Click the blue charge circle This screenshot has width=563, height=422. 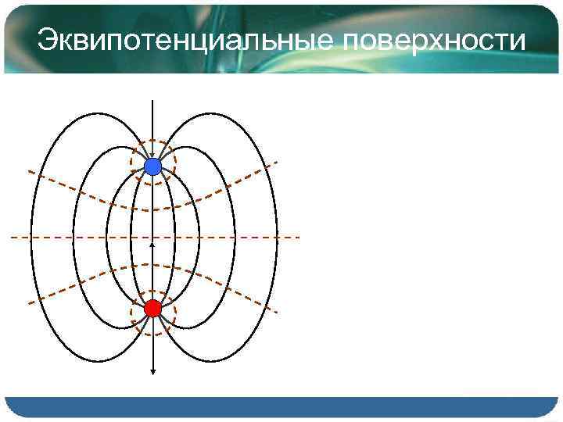click(152, 166)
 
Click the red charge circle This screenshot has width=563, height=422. click(152, 308)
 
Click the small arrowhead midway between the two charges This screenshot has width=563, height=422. click(152, 245)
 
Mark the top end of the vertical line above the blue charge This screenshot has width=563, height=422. click(152, 102)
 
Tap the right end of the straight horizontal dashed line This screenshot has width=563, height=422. click(299, 236)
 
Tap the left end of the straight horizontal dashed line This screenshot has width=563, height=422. click(13, 236)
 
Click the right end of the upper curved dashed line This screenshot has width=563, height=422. click(278, 163)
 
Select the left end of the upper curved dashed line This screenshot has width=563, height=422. click(28, 170)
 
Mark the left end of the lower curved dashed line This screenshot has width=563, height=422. click(28, 302)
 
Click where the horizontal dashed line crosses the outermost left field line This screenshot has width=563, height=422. click(31, 236)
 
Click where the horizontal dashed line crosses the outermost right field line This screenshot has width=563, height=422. click(274, 236)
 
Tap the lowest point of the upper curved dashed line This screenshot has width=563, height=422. click(152, 209)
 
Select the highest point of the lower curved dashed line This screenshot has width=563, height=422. click(152, 264)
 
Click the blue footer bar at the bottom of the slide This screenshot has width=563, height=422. click(281, 406)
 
